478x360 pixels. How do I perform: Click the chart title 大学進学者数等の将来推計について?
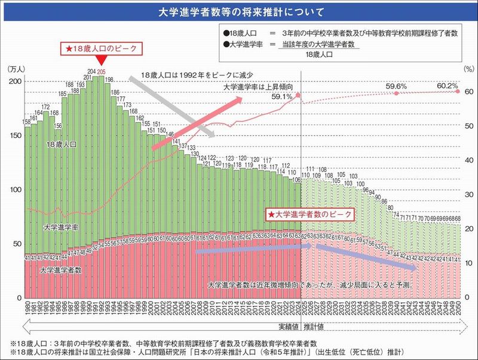coord(239,11)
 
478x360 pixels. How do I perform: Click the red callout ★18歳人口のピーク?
coord(101,47)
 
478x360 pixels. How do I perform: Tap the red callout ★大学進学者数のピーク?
coord(310,213)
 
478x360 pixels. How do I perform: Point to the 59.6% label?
coord(396,86)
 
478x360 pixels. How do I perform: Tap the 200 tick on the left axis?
coord(16,81)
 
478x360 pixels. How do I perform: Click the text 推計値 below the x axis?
coord(314,327)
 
